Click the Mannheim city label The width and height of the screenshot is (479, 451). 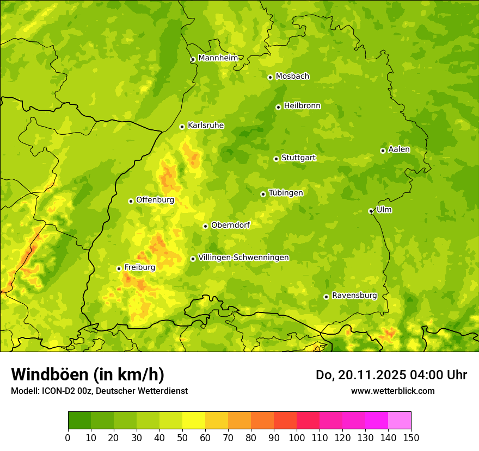218,58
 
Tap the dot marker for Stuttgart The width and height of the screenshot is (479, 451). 276,159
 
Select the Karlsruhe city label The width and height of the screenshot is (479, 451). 206,126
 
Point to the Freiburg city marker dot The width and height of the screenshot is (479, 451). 119,268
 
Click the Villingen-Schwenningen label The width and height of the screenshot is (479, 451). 243,258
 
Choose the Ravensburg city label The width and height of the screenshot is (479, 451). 354,296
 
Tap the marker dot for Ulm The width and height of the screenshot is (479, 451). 371,211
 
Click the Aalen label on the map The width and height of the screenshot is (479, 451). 399,149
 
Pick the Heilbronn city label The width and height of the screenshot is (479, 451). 302,106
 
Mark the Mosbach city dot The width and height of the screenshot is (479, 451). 270,77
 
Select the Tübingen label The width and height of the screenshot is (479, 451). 286,193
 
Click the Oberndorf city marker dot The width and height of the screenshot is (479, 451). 205,226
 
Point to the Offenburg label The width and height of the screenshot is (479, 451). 155,200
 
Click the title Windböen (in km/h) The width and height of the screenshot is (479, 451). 88,374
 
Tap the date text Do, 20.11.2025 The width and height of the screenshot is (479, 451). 360,375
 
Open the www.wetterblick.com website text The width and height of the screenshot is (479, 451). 392,391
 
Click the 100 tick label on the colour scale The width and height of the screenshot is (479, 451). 297,438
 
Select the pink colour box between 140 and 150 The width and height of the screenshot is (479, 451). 400,421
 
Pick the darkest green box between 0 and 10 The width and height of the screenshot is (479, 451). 79,421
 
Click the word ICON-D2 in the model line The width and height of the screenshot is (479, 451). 57,391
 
